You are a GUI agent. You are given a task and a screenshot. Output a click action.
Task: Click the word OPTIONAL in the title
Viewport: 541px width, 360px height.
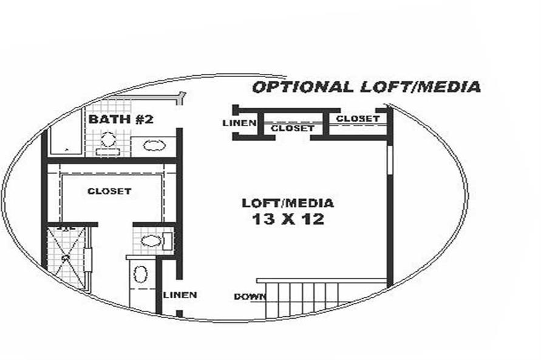pyautogui.click(x=303, y=87)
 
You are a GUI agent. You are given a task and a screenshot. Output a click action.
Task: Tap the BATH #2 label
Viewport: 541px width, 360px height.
pyautogui.click(x=121, y=120)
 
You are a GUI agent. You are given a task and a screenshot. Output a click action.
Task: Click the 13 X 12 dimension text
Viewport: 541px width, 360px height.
pyautogui.click(x=288, y=219)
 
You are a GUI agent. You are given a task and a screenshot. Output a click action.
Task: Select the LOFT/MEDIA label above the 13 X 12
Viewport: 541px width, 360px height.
pyautogui.click(x=288, y=203)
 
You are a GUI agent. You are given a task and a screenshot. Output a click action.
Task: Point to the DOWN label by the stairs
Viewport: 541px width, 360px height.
pyautogui.click(x=250, y=296)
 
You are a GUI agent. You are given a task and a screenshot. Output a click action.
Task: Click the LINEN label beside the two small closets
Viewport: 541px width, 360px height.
pyautogui.click(x=239, y=123)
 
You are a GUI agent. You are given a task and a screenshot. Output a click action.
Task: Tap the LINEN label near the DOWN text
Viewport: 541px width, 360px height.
pyautogui.click(x=180, y=295)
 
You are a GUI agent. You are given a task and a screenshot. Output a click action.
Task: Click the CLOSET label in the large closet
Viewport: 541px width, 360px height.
pyautogui.click(x=109, y=191)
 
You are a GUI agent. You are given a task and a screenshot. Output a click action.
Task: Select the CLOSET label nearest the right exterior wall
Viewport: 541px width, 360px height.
pyautogui.click(x=358, y=118)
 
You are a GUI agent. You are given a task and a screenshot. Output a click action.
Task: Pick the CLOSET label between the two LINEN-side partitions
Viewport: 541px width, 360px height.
pyautogui.click(x=293, y=128)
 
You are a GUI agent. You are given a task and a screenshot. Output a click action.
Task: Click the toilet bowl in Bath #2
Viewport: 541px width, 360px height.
pyautogui.click(x=108, y=139)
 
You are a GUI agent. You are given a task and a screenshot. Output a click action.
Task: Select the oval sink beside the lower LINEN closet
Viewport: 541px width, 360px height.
pyautogui.click(x=140, y=274)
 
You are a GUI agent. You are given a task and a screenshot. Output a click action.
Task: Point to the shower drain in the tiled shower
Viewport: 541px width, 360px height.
pyautogui.click(x=65, y=257)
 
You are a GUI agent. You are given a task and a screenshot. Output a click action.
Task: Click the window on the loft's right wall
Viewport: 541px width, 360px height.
pyautogui.click(x=390, y=160)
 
